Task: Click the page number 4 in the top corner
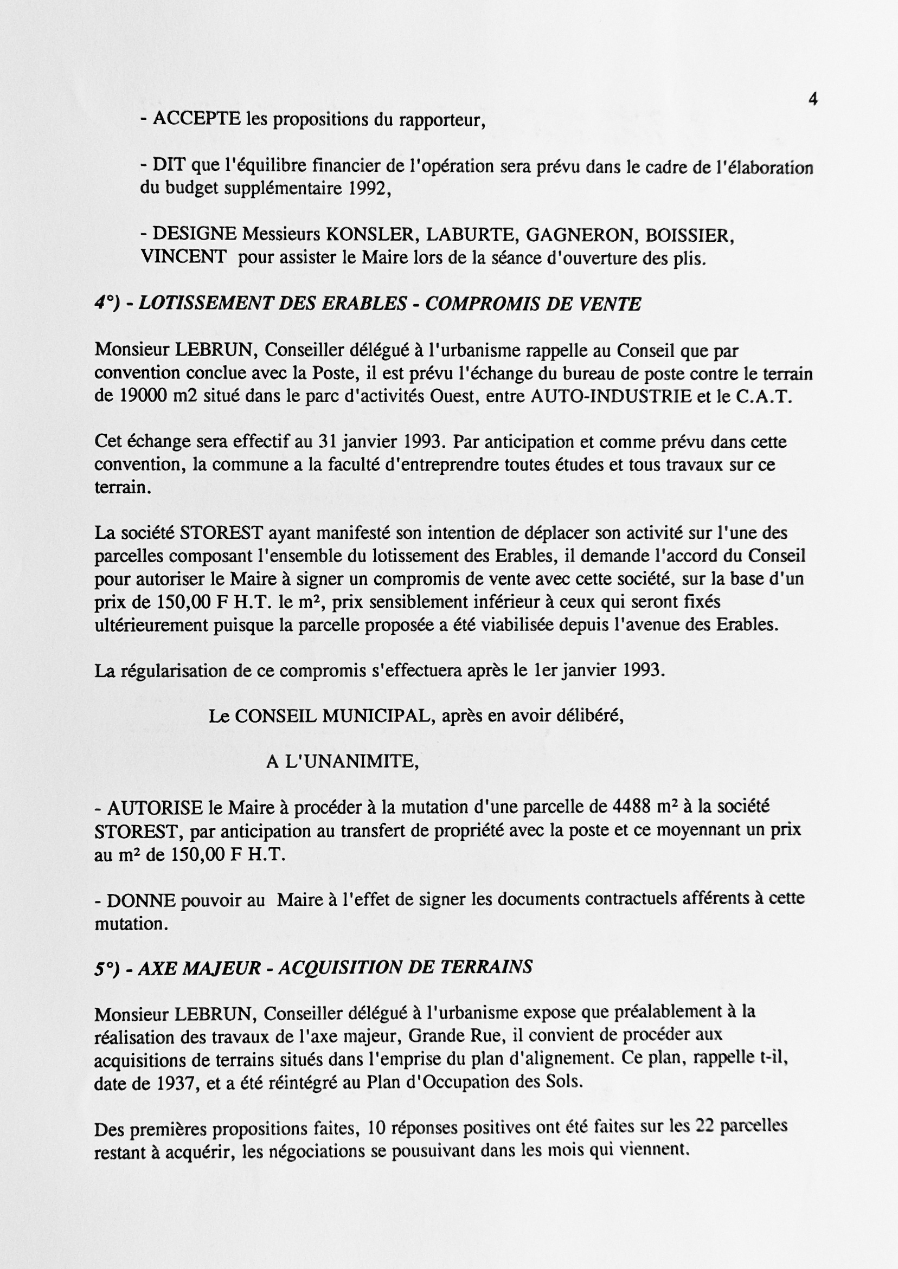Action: click(813, 100)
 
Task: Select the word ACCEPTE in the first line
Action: click(196, 119)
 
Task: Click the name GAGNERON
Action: click(580, 235)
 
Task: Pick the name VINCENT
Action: click(184, 257)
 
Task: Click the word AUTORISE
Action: click(155, 809)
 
